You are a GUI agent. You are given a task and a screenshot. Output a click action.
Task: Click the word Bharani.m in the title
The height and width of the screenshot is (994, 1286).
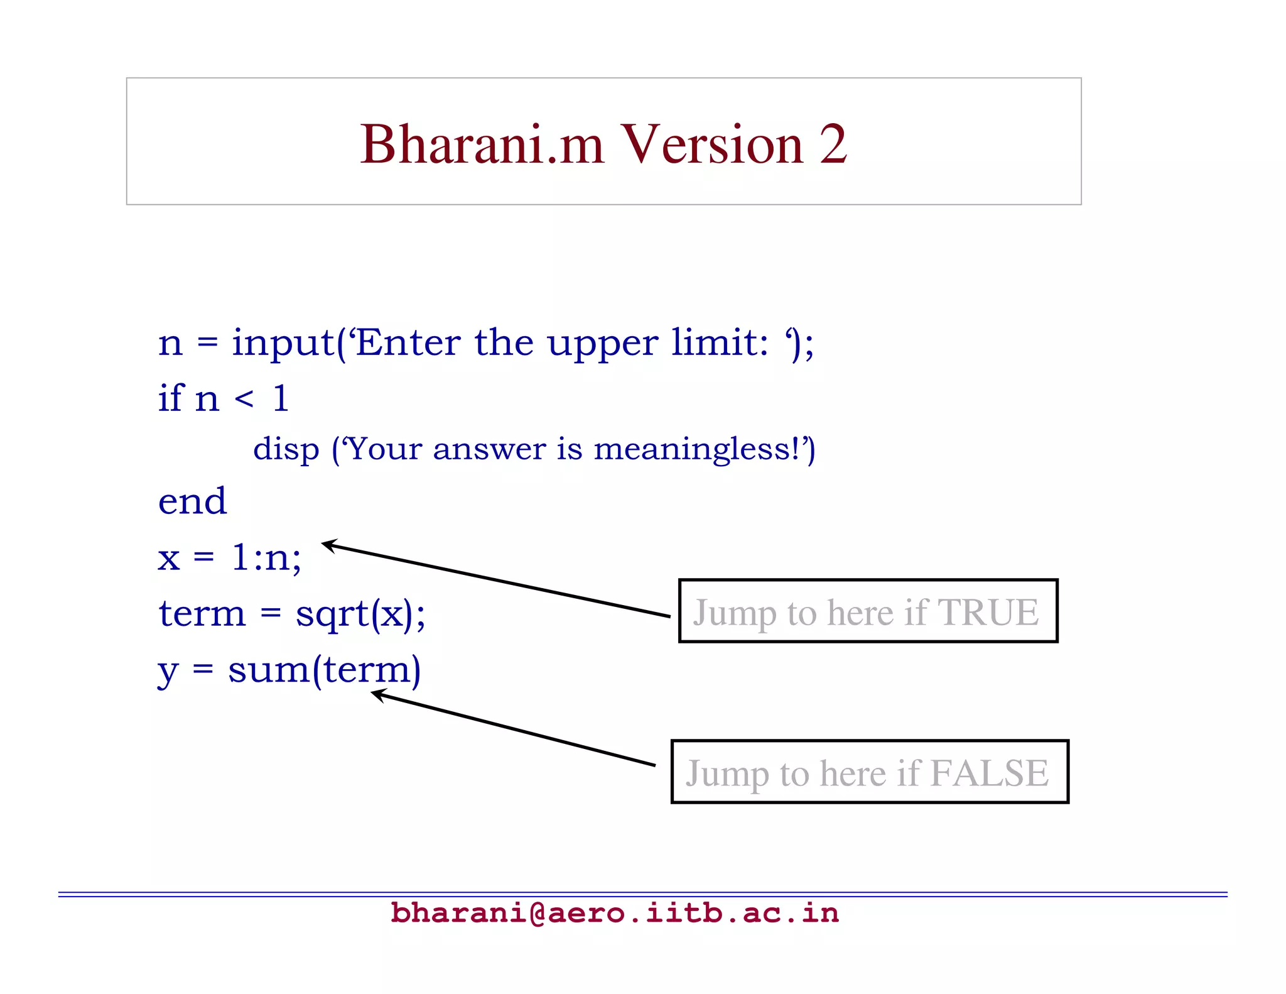(482, 145)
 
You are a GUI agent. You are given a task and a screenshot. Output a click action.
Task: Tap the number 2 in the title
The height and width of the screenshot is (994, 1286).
(833, 145)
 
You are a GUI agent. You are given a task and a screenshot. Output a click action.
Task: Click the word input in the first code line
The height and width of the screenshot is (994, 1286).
(283, 344)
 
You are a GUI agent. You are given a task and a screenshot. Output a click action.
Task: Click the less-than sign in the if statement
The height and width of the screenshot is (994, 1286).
(244, 399)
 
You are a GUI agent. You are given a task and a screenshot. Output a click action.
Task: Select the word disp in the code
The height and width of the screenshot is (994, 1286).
(286, 450)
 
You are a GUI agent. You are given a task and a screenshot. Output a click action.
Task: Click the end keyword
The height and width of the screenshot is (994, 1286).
(192, 501)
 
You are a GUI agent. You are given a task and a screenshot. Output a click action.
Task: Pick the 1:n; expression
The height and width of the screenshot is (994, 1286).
(266, 557)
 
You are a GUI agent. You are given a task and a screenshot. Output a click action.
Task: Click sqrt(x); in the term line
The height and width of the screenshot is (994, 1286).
(360, 614)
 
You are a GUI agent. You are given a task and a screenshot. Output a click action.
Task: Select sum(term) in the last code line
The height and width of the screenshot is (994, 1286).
(324, 670)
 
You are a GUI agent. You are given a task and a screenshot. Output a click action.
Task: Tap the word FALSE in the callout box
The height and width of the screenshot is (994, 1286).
(989, 773)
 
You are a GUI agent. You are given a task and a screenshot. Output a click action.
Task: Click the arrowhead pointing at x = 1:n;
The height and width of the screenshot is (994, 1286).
(328, 545)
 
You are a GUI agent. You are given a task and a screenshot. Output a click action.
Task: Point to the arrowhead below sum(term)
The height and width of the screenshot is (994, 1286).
(377, 694)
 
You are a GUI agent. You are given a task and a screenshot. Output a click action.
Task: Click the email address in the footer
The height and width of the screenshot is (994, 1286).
(614, 913)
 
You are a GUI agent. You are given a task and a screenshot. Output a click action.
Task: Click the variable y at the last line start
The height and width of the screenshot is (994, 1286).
(168, 671)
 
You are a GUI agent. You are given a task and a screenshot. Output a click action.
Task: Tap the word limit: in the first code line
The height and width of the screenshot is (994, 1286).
(719, 344)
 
